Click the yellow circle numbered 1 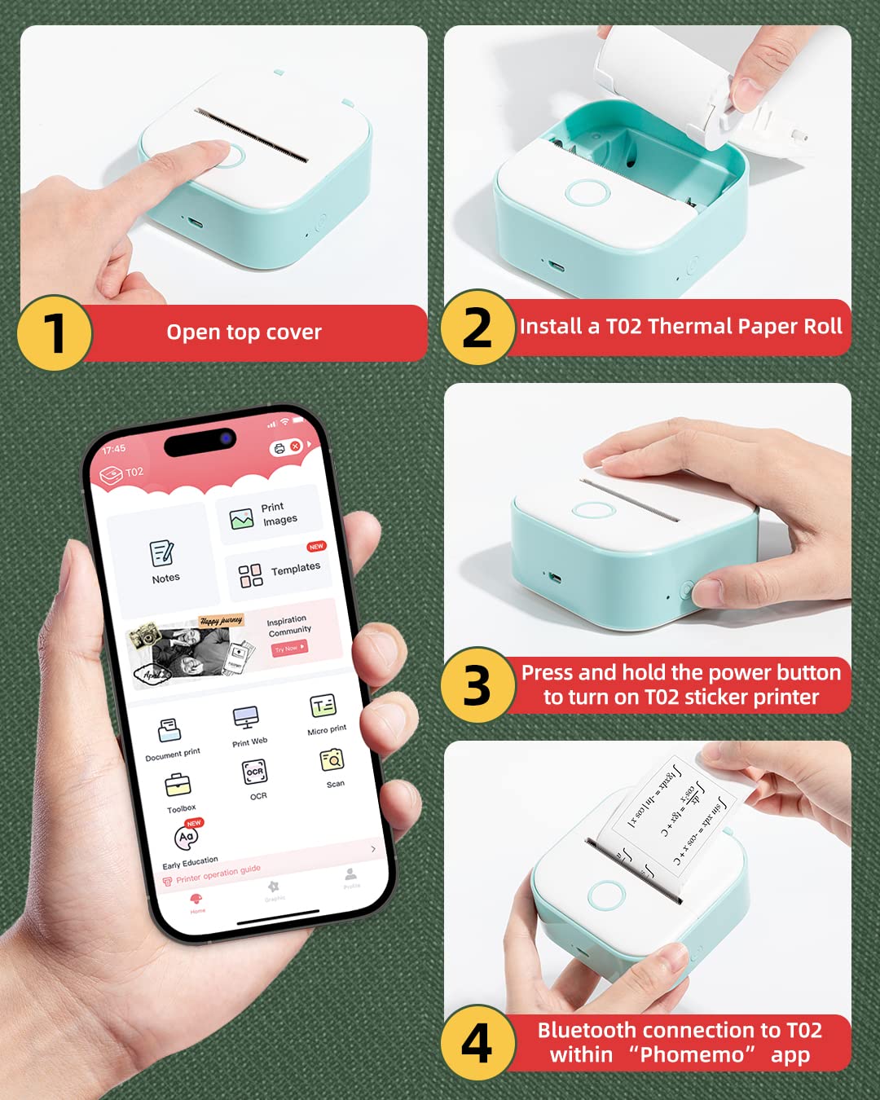click(55, 333)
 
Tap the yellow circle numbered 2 click(477, 328)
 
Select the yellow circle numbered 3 click(477, 685)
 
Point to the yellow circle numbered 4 click(477, 1043)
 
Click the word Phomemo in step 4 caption click(692, 1055)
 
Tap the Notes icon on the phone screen click(162, 553)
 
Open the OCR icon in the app click(255, 772)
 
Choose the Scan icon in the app click(332, 760)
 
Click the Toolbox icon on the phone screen click(178, 785)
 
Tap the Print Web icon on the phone click(246, 718)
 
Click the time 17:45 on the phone click(114, 449)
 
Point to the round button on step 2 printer click(587, 192)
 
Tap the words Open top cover click(244, 332)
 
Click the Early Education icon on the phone click(187, 837)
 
